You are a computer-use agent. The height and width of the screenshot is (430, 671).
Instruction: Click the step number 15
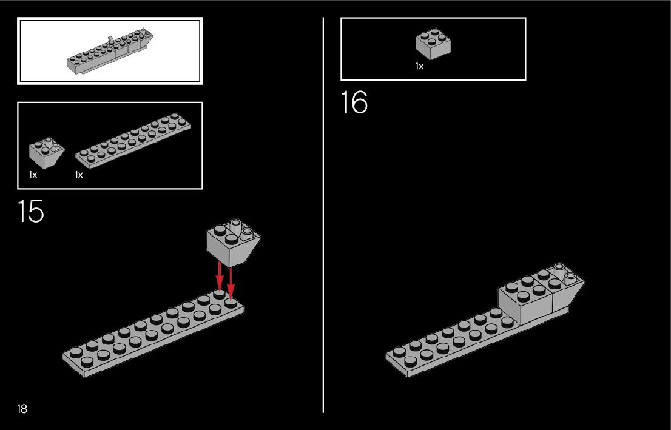[30, 211]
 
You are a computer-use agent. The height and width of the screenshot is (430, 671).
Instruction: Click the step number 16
[354, 102]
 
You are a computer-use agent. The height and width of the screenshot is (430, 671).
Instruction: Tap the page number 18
[22, 409]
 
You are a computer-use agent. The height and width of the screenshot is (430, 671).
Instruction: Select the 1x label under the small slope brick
[33, 175]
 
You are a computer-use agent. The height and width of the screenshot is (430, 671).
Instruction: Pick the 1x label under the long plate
[79, 175]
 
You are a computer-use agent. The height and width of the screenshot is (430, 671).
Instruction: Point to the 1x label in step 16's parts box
[419, 66]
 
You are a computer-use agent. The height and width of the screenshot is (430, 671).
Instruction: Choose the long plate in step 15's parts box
[133, 140]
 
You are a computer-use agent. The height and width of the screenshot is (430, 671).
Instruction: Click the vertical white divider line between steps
[323, 243]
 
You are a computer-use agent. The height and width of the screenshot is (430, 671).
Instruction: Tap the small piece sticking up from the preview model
[110, 41]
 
